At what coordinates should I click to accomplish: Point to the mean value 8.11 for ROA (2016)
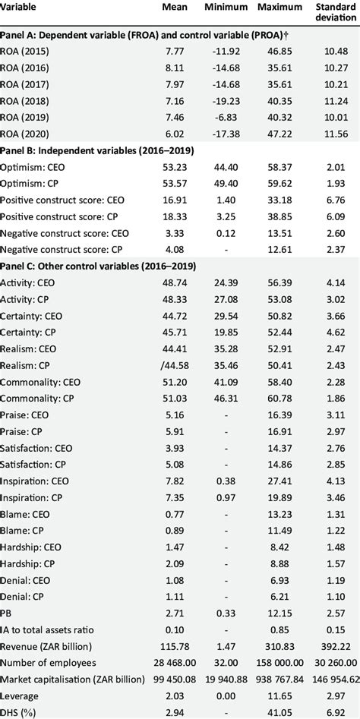[x=174, y=76]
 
